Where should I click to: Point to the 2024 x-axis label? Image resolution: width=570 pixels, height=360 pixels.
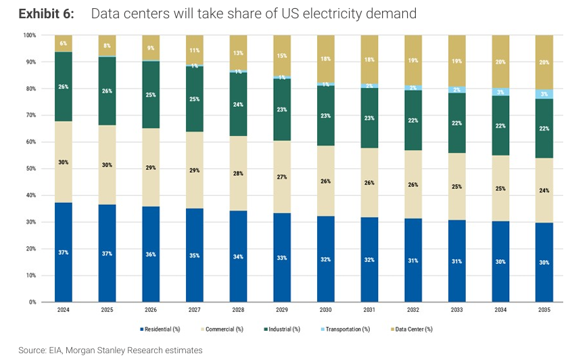click(63, 310)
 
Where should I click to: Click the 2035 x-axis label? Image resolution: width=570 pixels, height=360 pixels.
click(544, 310)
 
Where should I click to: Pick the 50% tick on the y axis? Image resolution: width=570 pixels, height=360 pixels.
click(30, 168)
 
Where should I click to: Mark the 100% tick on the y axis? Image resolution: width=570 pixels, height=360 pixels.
click(29, 35)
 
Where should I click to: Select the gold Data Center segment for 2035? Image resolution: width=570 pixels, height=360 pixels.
click(544, 62)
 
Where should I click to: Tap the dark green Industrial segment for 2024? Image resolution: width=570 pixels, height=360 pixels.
click(64, 87)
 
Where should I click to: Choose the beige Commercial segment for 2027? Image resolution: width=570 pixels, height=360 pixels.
click(195, 170)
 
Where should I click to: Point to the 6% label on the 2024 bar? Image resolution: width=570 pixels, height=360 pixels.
click(64, 43)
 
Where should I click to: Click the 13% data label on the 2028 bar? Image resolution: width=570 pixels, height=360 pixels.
click(239, 53)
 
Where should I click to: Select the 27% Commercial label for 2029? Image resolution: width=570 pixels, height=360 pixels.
click(283, 177)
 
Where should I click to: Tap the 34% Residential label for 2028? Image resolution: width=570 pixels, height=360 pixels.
click(239, 256)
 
